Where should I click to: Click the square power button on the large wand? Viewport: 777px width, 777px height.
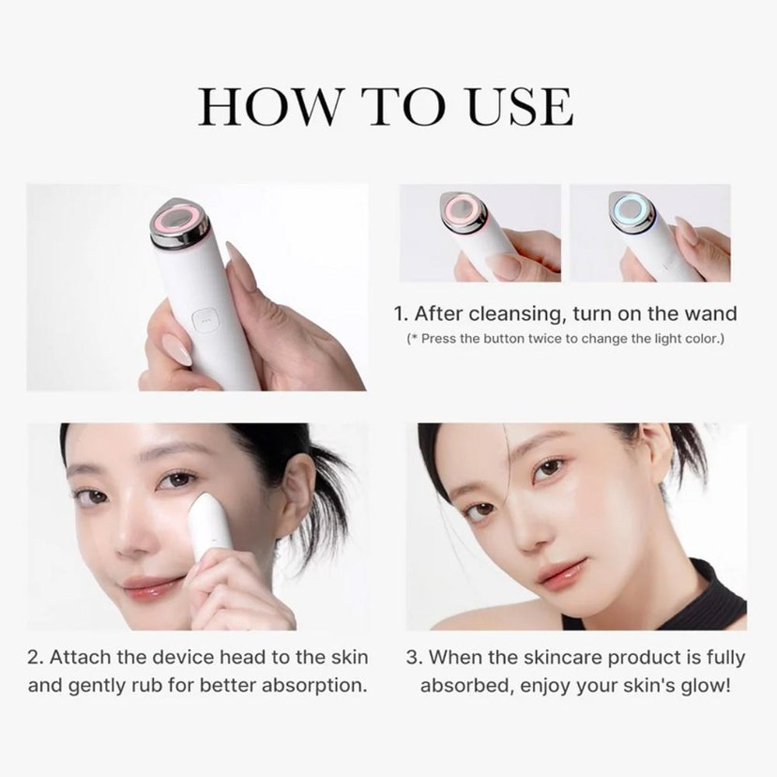click(x=205, y=320)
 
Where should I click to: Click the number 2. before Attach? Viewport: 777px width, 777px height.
click(x=36, y=658)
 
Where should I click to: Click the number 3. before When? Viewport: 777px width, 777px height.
click(x=414, y=658)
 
